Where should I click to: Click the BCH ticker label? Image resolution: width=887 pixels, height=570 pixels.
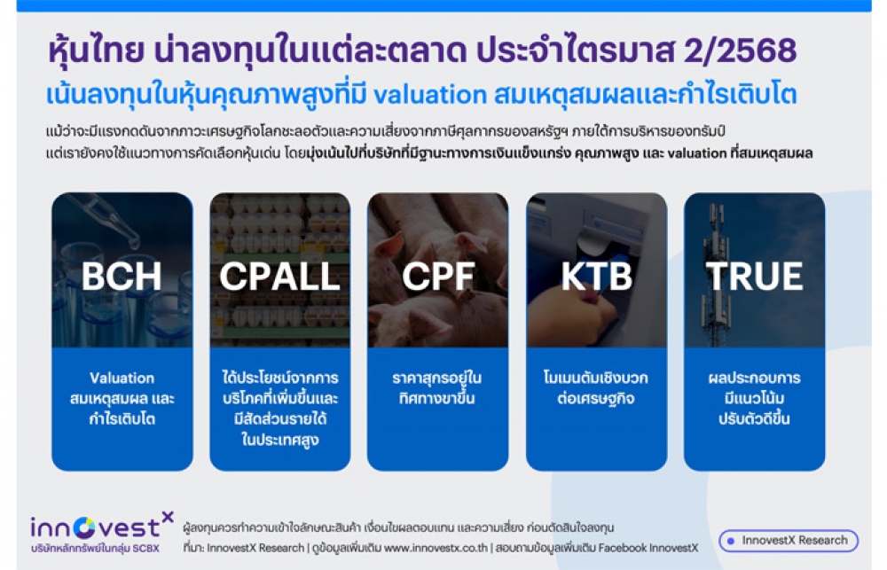(x=122, y=276)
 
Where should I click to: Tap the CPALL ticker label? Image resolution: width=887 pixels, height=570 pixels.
(x=279, y=276)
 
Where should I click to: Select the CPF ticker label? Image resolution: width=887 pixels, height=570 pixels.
(x=438, y=276)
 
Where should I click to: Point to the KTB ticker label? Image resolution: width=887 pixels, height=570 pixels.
(x=596, y=276)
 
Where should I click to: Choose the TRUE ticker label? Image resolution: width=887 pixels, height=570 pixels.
(x=754, y=276)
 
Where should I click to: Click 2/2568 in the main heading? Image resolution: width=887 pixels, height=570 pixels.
(x=740, y=51)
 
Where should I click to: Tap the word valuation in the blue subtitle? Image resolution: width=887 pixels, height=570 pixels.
(x=430, y=95)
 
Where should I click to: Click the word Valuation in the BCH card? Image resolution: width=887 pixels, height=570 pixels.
(x=122, y=378)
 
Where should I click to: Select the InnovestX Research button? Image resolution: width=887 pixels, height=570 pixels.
(x=788, y=541)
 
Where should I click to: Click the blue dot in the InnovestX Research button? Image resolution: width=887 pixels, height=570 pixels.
(x=731, y=541)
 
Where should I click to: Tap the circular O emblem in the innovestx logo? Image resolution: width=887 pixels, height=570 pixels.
(x=85, y=527)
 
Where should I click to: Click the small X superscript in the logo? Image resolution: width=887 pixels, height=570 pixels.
(x=168, y=516)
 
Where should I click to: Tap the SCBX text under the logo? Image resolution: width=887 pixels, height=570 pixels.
(x=146, y=549)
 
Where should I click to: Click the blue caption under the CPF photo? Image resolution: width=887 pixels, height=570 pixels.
(x=436, y=388)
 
